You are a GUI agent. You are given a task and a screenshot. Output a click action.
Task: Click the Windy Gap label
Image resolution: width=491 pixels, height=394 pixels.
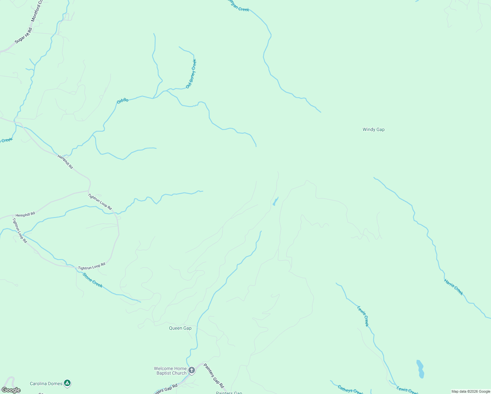[x=374, y=129]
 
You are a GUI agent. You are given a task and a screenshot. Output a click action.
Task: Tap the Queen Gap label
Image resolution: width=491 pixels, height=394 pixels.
[x=180, y=328]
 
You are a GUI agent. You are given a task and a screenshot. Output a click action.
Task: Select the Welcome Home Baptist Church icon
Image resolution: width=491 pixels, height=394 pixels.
[x=192, y=370]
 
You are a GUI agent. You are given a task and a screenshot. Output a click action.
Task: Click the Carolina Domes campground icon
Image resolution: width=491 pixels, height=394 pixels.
[x=67, y=383]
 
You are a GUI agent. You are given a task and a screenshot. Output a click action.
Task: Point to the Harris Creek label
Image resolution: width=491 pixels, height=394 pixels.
[x=454, y=287]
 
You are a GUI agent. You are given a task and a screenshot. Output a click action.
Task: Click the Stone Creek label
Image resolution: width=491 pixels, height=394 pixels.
[x=93, y=280]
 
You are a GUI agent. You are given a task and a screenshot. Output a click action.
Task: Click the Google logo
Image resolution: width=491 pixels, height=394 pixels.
[x=11, y=390]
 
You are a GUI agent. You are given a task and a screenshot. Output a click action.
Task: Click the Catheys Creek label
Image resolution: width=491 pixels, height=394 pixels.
[x=351, y=390]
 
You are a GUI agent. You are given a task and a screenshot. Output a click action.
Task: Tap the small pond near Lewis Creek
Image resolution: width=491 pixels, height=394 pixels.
[x=420, y=369]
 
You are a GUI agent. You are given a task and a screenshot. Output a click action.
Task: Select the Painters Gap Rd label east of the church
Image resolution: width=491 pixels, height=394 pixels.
[x=214, y=376]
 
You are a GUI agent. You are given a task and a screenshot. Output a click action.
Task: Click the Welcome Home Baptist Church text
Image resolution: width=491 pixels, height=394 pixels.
[x=171, y=371]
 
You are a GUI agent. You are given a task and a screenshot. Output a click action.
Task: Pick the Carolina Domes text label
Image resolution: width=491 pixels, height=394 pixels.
[x=46, y=383]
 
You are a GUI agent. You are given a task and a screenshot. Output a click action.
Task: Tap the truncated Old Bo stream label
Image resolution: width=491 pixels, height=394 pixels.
[x=122, y=101]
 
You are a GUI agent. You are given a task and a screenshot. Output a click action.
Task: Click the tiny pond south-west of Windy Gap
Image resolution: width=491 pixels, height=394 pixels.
[x=275, y=202]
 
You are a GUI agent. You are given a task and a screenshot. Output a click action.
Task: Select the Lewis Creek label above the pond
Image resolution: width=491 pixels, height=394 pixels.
[x=363, y=316]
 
